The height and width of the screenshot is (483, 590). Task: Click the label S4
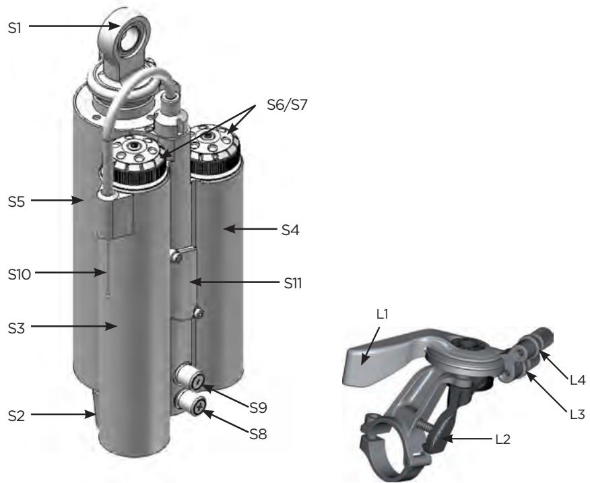click(x=290, y=230)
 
